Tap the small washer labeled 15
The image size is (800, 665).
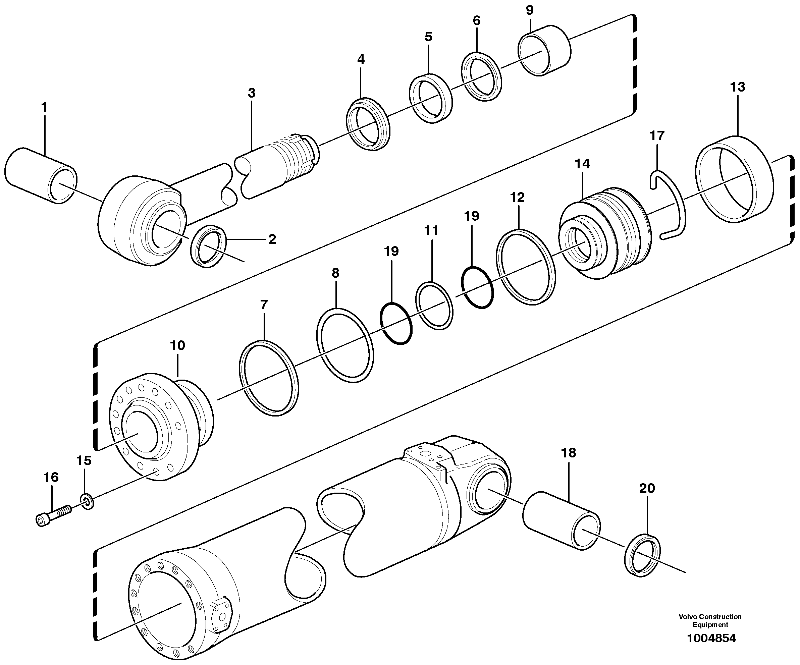87,501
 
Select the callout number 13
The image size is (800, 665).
737,87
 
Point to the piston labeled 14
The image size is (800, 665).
606,232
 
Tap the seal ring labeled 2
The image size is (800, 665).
208,246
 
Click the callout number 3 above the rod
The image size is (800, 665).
252,93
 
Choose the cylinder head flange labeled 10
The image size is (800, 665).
160,427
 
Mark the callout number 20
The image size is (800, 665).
646,488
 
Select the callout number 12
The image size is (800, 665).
517,197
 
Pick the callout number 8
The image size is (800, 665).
335,273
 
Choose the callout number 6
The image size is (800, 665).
477,20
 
